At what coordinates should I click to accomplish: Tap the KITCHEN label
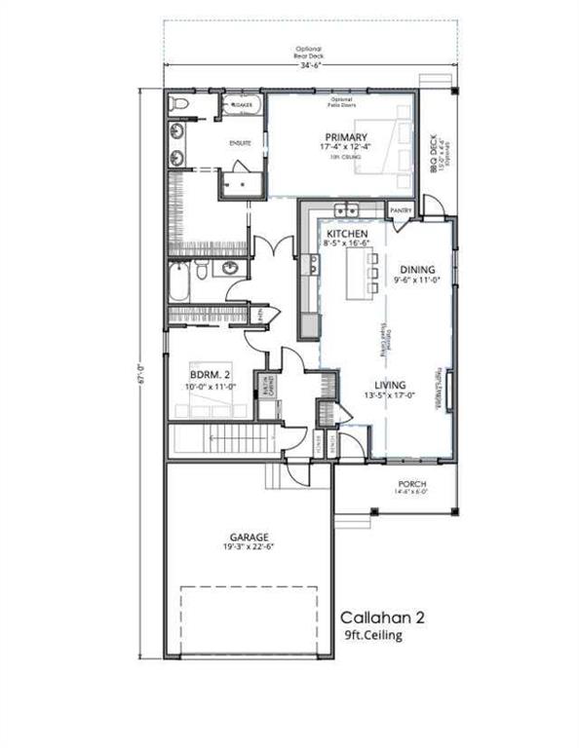point(346,236)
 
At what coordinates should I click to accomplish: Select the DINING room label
point(417,269)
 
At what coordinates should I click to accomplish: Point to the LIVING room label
point(396,385)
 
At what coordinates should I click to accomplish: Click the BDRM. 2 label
point(211,374)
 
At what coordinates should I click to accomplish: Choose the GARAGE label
point(250,536)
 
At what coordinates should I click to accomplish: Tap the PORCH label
point(411,483)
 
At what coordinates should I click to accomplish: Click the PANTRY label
point(401,209)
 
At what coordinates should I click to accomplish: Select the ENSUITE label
point(240,143)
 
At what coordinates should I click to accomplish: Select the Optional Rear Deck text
point(308,54)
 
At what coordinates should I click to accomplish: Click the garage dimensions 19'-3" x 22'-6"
point(250,547)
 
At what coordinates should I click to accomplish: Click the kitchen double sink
point(345,210)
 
